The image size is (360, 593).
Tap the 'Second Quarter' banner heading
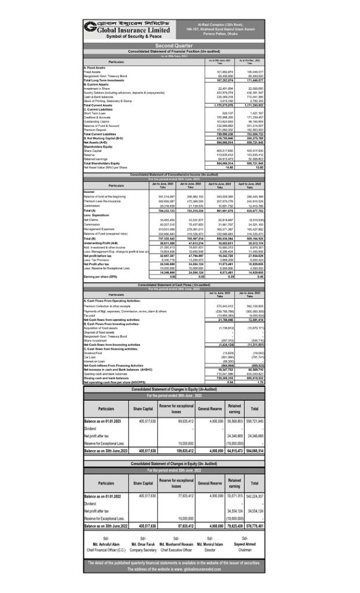pos(179,45)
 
